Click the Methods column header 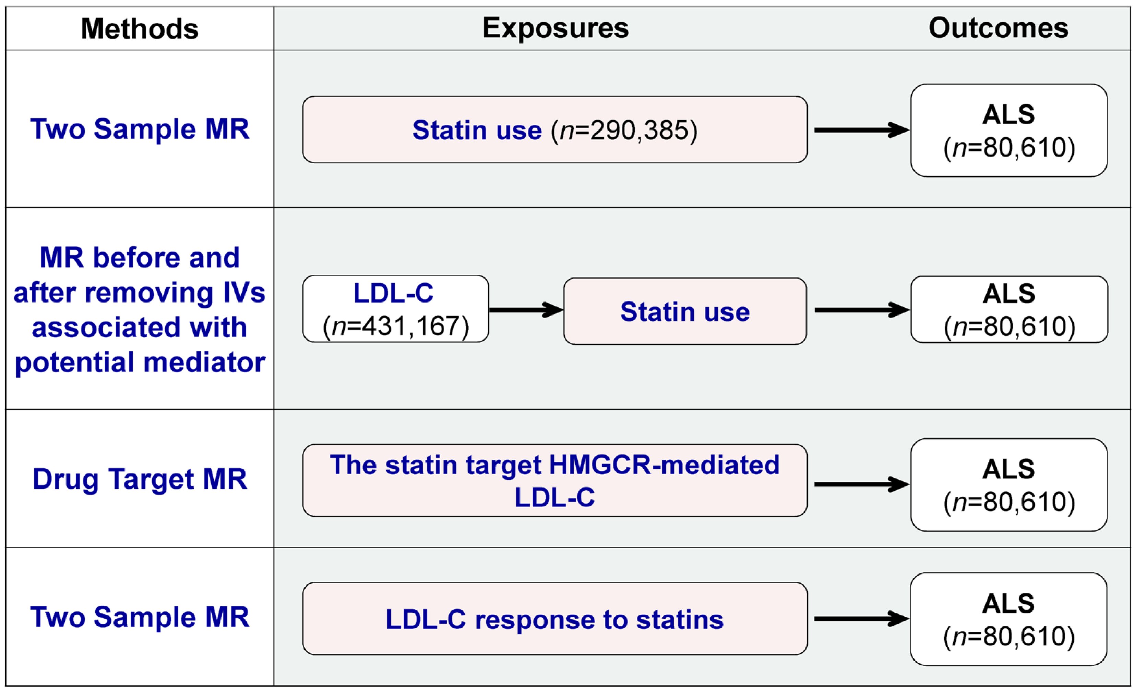click(x=140, y=28)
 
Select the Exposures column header click(x=555, y=28)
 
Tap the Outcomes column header click(x=998, y=28)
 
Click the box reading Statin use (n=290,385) click(x=554, y=129)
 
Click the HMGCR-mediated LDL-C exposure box click(x=554, y=480)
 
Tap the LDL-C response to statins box click(x=554, y=618)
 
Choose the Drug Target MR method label click(x=140, y=479)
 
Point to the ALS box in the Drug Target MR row click(x=1009, y=485)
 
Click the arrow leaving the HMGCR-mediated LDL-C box click(x=860, y=484)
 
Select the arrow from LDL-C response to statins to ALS click(x=860, y=618)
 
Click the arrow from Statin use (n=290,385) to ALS click(x=860, y=130)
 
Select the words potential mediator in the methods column click(x=140, y=362)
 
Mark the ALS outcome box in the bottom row click(x=1008, y=619)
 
